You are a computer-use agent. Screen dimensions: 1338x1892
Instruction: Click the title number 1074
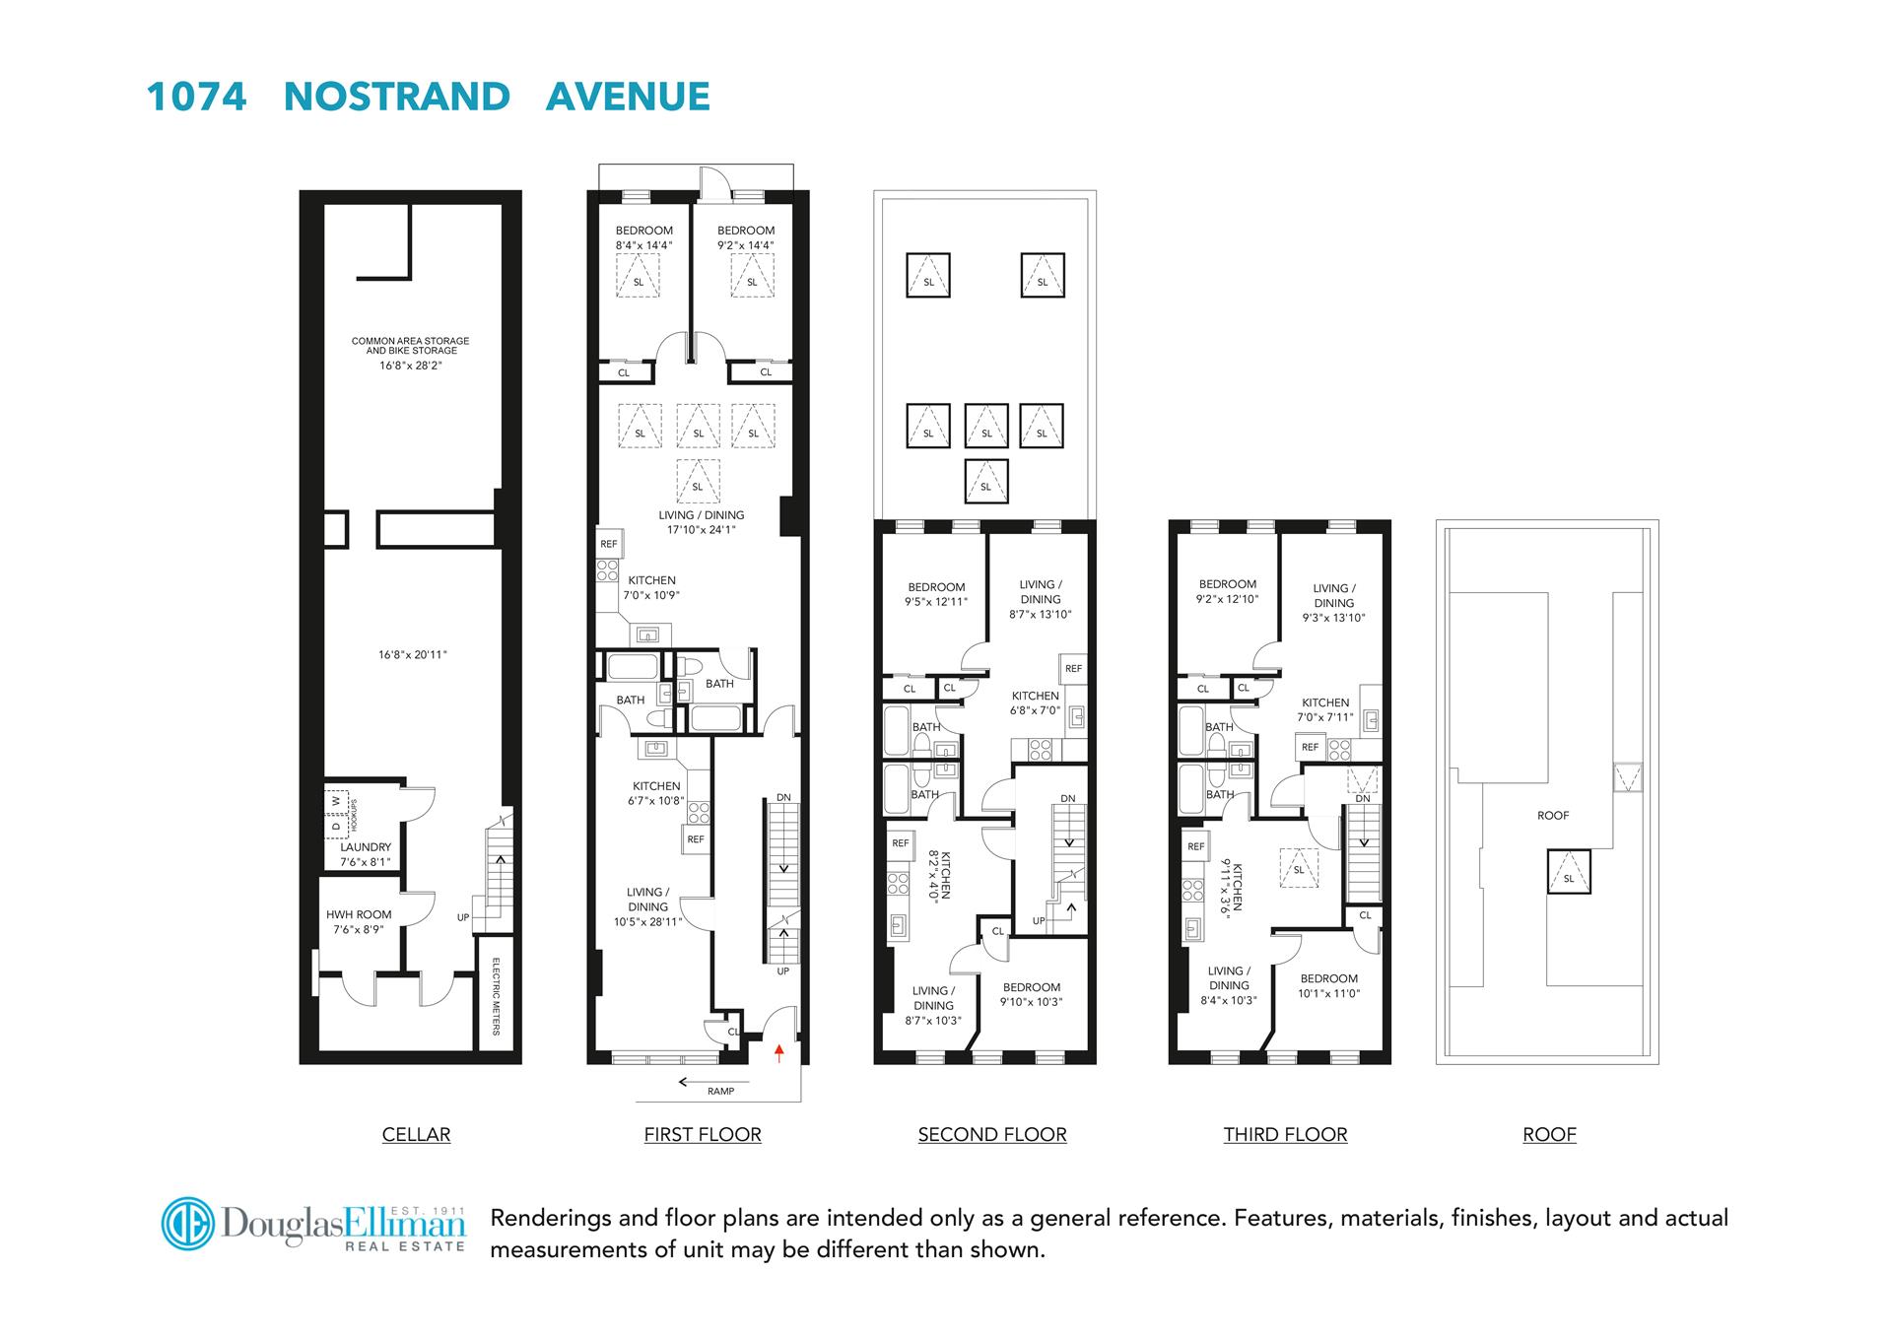196,97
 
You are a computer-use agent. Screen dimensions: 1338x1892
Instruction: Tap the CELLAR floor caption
416,1134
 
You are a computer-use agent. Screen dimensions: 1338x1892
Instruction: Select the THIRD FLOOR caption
1285,1134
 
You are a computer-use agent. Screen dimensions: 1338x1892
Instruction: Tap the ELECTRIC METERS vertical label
496,996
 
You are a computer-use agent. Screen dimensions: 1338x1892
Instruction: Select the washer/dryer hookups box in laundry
338,814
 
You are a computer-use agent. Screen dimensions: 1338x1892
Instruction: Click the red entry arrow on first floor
779,1054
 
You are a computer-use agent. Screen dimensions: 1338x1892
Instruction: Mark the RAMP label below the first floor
720,1091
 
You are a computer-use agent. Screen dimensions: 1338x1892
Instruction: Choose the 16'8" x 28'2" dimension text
411,366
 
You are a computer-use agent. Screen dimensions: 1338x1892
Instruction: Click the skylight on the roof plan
1568,872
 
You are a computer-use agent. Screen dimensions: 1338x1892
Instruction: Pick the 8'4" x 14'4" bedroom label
644,237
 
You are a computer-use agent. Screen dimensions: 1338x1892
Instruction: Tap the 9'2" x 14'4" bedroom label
746,237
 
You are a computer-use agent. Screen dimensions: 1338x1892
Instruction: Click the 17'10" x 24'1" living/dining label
702,522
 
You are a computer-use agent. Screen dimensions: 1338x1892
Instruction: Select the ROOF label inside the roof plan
1553,816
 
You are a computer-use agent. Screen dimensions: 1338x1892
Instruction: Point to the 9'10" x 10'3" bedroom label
1032,995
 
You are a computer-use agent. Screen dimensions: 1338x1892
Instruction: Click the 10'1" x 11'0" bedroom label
1329,986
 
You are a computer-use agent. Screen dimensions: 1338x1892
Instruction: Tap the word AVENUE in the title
628,97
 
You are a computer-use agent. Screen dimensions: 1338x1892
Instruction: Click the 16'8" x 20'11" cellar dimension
413,654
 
